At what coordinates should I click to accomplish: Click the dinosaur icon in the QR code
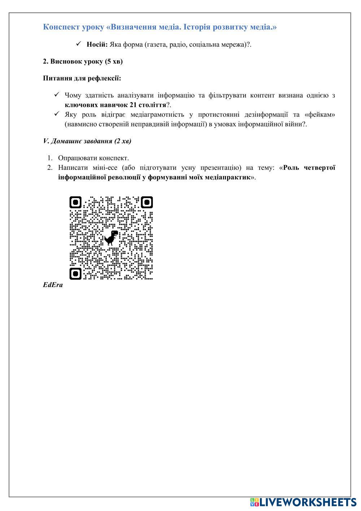[x=111, y=237]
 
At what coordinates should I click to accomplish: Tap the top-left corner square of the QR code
[x=75, y=202]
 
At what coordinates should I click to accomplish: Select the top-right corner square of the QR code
[x=147, y=202]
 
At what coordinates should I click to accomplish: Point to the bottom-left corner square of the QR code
[x=75, y=274]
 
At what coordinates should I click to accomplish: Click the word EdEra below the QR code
[x=53, y=285]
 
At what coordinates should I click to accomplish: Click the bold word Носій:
[x=97, y=44]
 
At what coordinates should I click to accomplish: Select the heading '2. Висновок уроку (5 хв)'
[x=83, y=61]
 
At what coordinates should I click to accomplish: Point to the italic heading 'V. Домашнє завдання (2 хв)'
[x=87, y=141]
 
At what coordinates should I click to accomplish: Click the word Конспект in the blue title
[x=58, y=27]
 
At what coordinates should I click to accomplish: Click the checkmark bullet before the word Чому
[x=57, y=95]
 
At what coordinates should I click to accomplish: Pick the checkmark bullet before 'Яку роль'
[x=57, y=115]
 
